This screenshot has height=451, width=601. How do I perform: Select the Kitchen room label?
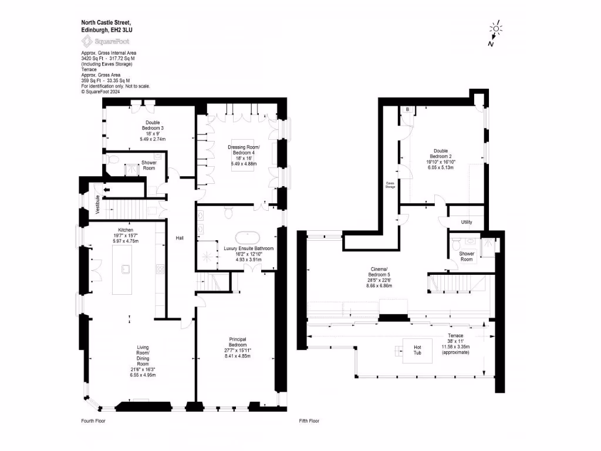tap(126, 230)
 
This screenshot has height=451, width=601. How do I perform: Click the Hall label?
tap(181, 238)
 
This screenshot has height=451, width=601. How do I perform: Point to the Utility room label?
tap(466, 222)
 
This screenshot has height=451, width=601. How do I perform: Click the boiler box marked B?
tap(406, 110)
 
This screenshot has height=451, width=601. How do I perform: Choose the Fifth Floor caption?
tap(309, 421)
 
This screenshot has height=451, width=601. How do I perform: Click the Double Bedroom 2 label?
tap(443, 153)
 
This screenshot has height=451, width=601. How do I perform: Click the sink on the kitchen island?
tap(126, 269)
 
